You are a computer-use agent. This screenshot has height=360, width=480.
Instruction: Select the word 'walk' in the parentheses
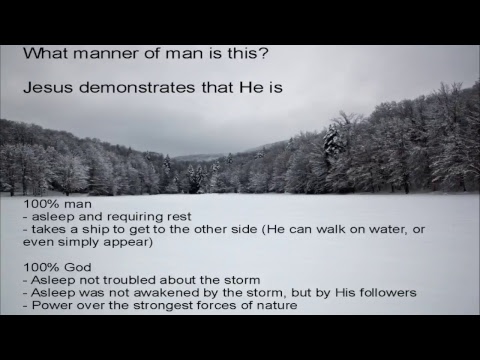(x=338, y=229)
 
